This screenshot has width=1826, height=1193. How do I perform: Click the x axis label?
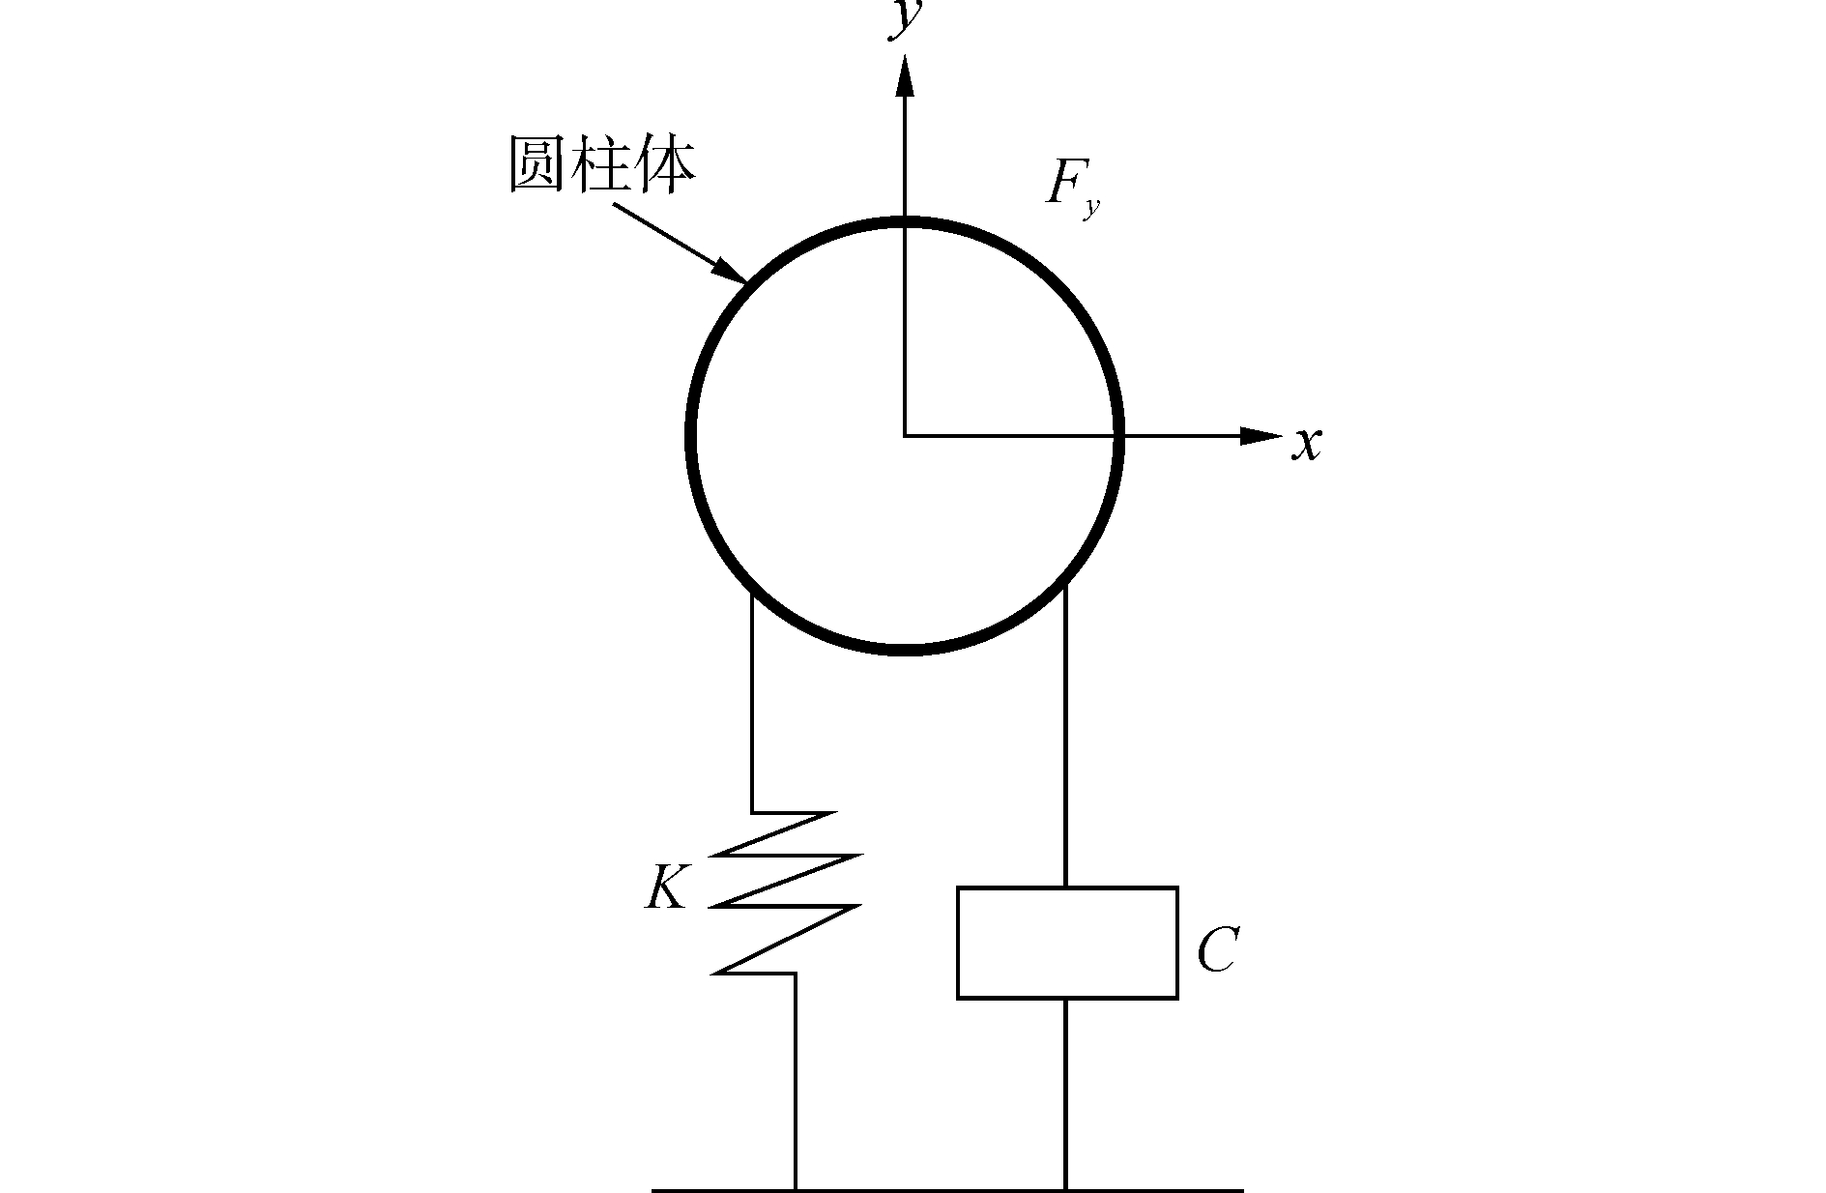pos(1307,444)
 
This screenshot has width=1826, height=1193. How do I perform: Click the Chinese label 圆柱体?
pos(601,166)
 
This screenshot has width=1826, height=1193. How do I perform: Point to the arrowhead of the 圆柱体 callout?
pos(732,271)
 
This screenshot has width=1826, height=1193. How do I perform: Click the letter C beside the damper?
pos(1217,951)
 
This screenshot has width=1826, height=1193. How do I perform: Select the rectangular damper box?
pos(1067,942)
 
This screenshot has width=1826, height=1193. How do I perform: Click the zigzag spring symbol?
pos(785,892)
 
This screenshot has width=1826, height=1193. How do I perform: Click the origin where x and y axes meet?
pos(905,436)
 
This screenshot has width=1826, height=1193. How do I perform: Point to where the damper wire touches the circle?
pos(1065,584)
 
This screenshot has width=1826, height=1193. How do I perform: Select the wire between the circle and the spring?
pos(752,706)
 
